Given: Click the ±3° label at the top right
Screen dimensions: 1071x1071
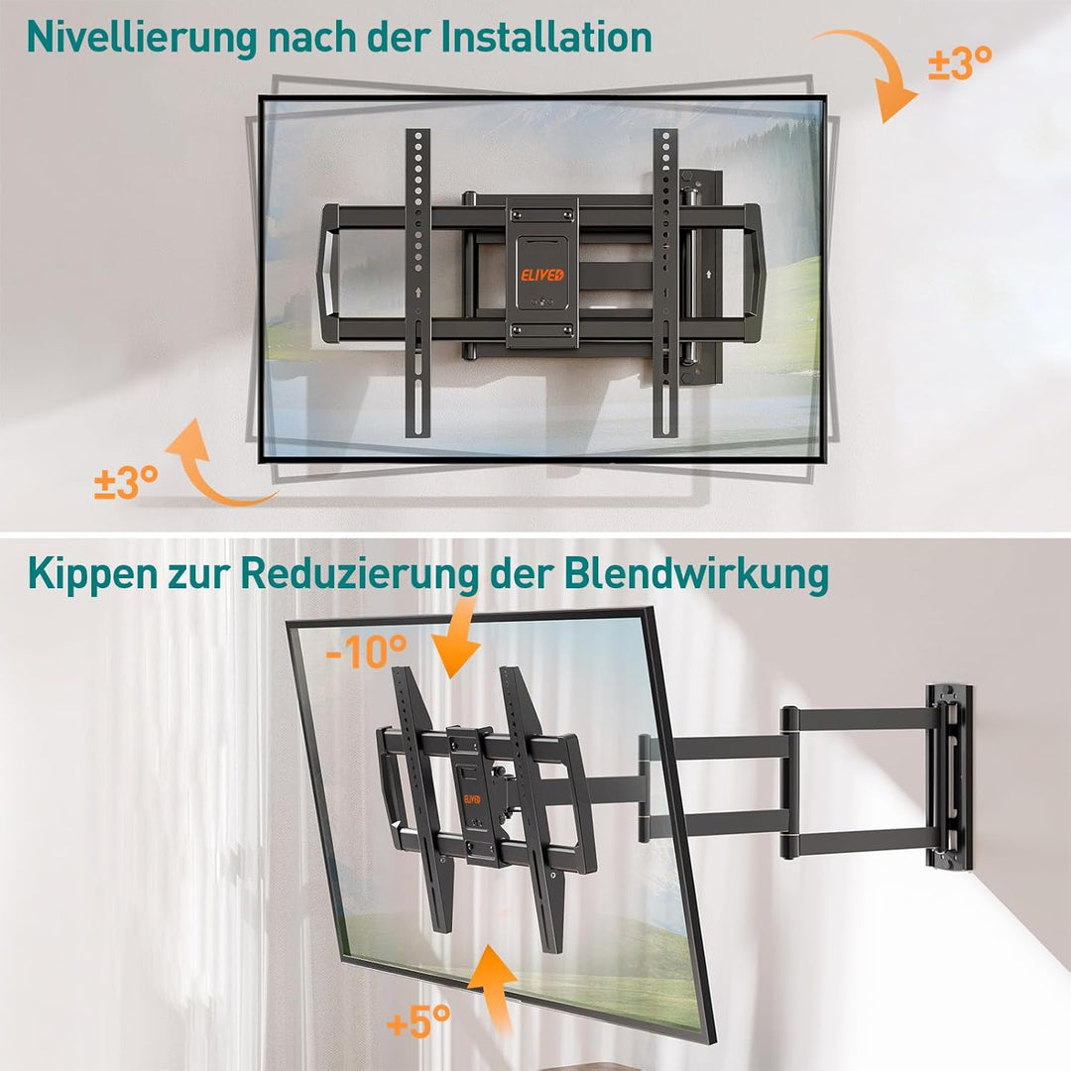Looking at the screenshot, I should (959, 64).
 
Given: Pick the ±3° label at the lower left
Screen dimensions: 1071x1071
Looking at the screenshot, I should (126, 483).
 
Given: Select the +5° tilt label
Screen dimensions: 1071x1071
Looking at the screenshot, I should (418, 1018).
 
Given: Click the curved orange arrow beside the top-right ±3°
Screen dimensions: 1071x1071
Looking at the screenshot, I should (873, 69).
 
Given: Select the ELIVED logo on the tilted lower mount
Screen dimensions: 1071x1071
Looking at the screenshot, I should (472, 798).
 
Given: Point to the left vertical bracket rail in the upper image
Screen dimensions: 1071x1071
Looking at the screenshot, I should (417, 283).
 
